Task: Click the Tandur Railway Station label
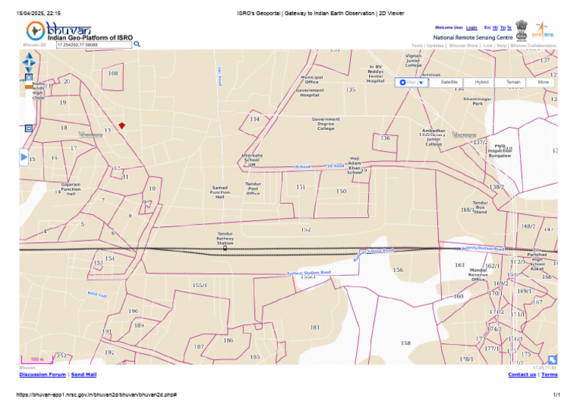[x=225, y=238]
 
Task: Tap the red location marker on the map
[x=122, y=125]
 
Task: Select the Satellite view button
[x=449, y=82]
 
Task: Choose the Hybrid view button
[x=482, y=82]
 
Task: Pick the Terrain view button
[x=513, y=82]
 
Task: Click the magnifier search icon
[x=137, y=44]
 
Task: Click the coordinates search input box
[x=93, y=45]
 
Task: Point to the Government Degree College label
[x=325, y=124]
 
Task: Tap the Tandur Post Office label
[x=252, y=188]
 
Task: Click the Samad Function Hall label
[x=220, y=192]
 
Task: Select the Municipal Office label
[x=311, y=79]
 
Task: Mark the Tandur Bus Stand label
[x=480, y=207]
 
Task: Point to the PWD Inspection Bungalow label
[x=500, y=151]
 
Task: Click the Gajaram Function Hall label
[x=71, y=188]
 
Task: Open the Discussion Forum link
[x=43, y=374]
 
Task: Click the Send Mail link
[x=84, y=374]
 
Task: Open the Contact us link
[x=522, y=374]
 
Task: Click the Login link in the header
[x=472, y=28]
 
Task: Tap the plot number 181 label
[x=315, y=328]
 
